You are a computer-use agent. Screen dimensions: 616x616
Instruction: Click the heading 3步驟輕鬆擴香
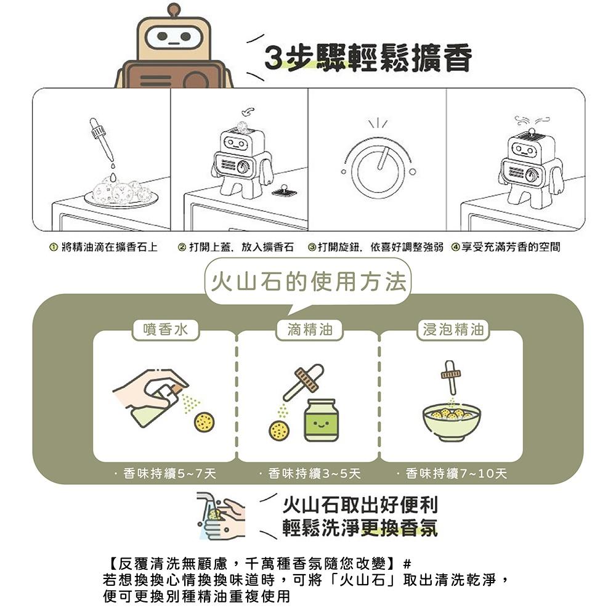(x=368, y=59)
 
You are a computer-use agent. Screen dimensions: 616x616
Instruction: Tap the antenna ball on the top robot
(x=174, y=9)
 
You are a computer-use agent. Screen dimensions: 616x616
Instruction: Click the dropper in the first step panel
(x=102, y=141)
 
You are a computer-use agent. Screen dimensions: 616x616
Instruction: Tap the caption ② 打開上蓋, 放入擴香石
(x=235, y=247)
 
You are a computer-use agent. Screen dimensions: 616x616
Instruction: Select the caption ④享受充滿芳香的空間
(x=506, y=247)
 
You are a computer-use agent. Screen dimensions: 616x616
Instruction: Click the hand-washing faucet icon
(x=219, y=515)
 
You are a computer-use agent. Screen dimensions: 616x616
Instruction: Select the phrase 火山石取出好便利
(x=360, y=506)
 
